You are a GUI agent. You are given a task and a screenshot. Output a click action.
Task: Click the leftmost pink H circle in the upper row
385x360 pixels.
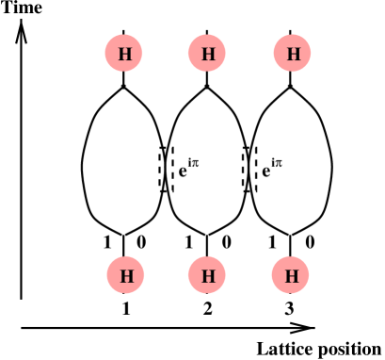click(124, 54)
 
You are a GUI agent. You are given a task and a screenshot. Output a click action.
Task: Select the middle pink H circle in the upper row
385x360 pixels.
click(207, 54)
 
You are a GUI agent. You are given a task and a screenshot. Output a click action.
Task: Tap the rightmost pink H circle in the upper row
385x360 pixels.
click(292, 54)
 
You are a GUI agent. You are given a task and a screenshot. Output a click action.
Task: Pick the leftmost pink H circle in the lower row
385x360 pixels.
click(125, 276)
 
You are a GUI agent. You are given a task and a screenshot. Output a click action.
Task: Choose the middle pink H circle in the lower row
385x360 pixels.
click(207, 276)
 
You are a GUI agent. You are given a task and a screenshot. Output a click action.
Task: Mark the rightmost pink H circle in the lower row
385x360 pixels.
click(291, 276)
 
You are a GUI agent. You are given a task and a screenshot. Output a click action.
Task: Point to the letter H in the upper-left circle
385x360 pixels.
click(124, 54)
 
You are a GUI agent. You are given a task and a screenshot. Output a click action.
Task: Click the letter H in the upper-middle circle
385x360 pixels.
click(207, 54)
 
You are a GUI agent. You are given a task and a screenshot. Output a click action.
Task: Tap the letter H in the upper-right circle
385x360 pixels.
click(292, 54)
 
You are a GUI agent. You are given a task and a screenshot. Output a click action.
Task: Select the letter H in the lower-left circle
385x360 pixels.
click(125, 276)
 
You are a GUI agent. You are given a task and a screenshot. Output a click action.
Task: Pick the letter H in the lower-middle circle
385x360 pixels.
click(207, 276)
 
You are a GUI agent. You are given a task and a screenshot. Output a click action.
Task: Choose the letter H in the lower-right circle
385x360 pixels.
click(291, 276)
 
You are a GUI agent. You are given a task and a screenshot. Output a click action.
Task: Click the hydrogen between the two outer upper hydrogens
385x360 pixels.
click(207, 54)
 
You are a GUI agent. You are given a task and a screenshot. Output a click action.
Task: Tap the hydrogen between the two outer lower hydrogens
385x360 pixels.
click(207, 276)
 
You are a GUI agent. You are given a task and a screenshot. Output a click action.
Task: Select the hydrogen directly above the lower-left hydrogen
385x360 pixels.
click(124, 54)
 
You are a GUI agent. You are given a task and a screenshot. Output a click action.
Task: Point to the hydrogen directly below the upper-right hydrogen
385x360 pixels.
click(291, 276)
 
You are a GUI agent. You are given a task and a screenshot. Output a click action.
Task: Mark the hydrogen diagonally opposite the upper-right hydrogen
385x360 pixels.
click(125, 276)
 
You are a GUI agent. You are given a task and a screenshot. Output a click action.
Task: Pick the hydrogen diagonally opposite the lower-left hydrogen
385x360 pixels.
click(292, 54)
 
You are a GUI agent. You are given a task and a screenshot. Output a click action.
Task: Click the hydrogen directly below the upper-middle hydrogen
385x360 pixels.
click(207, 276)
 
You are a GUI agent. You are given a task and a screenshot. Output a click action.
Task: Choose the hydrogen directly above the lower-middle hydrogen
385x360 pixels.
click(207, 54)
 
